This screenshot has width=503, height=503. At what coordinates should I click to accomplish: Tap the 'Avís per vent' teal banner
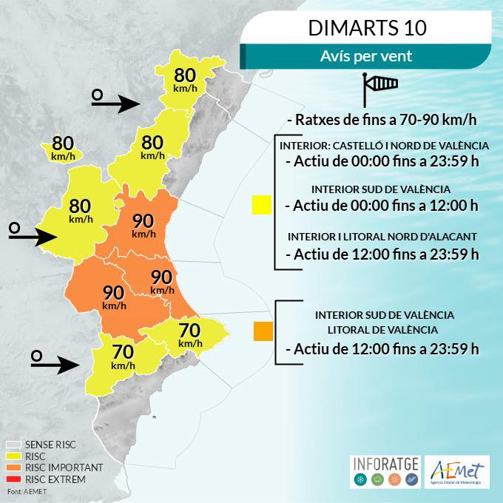tap(366, 55)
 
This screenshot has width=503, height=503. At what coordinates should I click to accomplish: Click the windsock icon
tap(379, 90)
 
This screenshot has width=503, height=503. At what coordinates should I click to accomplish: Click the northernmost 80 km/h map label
tap(184, 79)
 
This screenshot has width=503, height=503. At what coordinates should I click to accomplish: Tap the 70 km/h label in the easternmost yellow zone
tap(190, 334)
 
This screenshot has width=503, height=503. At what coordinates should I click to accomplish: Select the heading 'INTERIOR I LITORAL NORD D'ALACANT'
tap(382, 237)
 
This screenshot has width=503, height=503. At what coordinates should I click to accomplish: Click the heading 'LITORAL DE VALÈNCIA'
tap(384, 330)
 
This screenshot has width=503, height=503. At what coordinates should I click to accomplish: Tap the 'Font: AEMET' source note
tap(24, 491)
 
